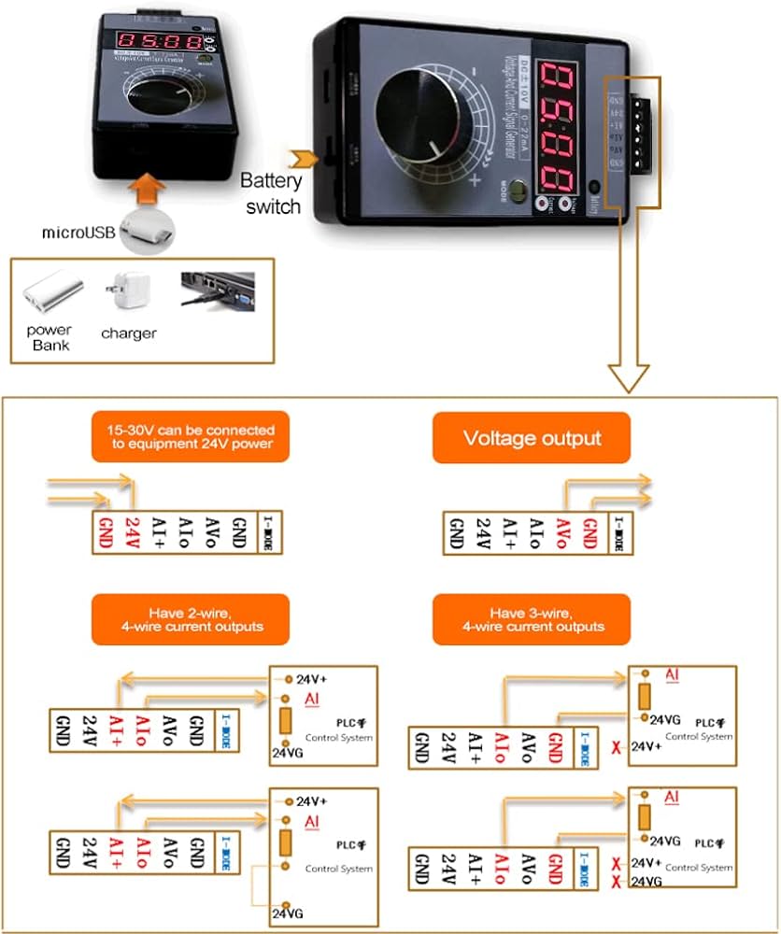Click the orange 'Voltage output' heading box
532,438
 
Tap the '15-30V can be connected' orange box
191,437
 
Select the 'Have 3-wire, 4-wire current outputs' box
532,618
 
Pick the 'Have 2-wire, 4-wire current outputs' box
191,618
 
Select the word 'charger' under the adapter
129,333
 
